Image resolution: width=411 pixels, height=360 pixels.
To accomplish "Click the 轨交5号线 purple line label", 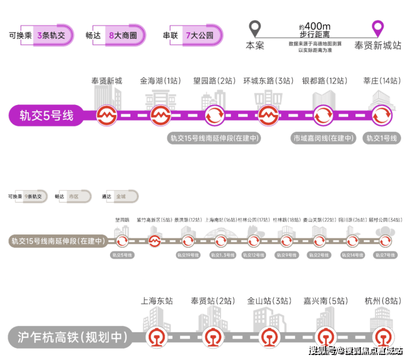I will (x=47, y=116).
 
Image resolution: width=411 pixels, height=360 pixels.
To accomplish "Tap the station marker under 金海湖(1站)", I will (x=160, y=116).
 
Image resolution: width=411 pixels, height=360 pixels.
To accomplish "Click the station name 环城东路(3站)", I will (x=268, y=81).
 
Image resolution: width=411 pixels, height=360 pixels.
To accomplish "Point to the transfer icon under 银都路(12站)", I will (x=323, y=116).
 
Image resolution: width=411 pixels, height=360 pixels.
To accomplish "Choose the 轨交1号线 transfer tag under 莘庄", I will (x=382, y=138).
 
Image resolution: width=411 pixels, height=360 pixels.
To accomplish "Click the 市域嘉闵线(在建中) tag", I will (x=324, y=138).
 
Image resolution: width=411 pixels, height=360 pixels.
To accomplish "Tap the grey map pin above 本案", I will (x=255, y=28).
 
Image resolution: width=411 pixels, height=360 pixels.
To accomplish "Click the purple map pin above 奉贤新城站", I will (x=378, y=28).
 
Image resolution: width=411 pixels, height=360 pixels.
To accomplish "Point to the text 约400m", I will (x=315, y=27).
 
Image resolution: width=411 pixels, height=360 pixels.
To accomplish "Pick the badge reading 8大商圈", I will (x=122, y=35).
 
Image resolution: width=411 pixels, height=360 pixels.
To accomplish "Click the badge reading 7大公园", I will (x=199, y=35).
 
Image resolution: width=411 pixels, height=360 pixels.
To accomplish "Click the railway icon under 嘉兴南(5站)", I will (x=325, y=337).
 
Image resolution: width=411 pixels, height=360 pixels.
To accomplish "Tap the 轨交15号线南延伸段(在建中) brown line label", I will (x=58, y=241).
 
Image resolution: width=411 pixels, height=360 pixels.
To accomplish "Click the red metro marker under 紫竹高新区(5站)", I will (x=155, y=241).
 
